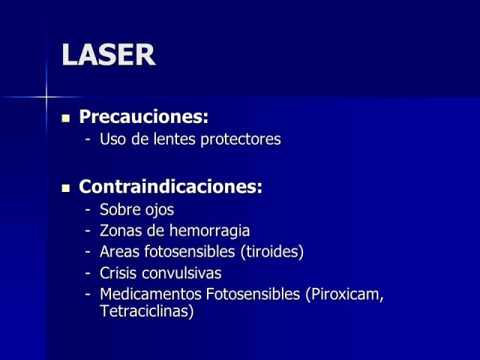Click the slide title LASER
pos(109,55)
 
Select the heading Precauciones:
pos(143,117)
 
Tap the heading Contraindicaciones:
pos(170,187)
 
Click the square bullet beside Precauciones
pos(66,118)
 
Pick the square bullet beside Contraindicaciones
pos(66,188)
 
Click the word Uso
pos(113,139)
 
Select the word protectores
pos(241,139)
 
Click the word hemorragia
pos(210,231)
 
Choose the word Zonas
pos(121,231)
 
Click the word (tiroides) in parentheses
pos(272,252)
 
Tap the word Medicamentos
pos(151,294)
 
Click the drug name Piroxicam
pos(345,294)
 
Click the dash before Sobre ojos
pos(88,210)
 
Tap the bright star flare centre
pos(46,97)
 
